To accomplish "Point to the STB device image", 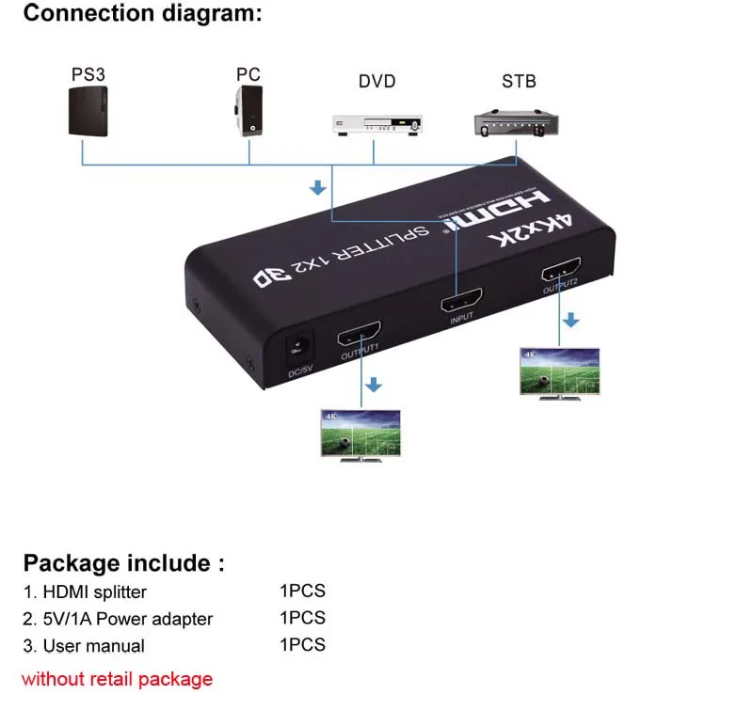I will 518,124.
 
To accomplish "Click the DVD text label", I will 376,81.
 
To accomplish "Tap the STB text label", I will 519,81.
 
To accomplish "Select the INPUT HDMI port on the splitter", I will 461,303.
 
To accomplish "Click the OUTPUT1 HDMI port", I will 360,334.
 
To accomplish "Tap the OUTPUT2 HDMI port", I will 560,272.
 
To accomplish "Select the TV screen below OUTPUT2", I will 559,372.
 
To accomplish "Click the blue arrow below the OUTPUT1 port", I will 374,385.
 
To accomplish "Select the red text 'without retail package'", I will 117,679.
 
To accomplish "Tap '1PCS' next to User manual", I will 302,645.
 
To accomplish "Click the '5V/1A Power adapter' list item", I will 118,619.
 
